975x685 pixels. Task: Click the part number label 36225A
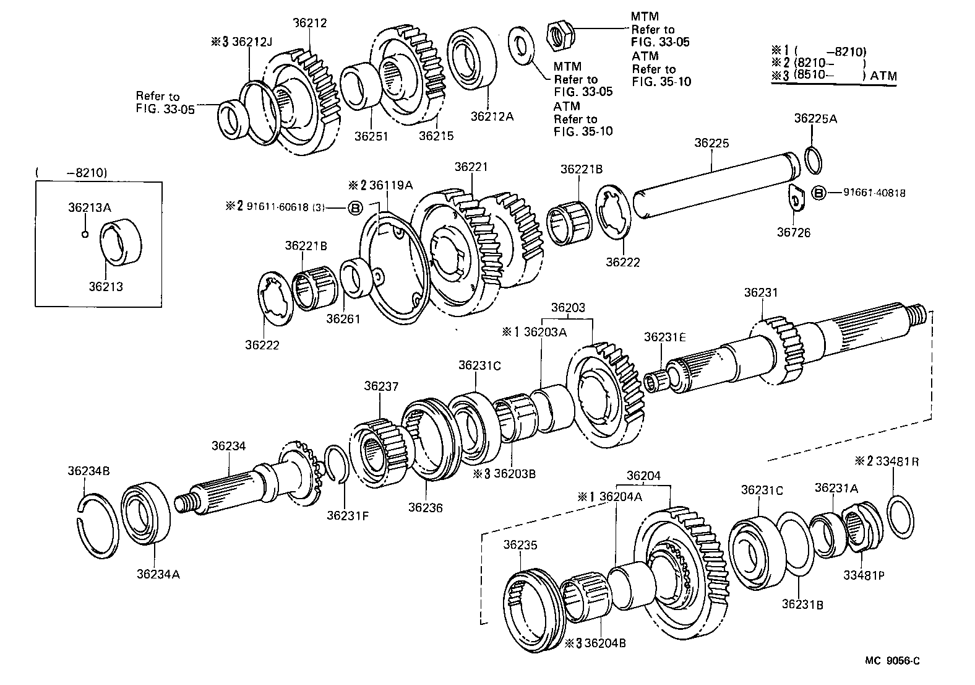[815, 118]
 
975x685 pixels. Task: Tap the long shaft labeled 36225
[711, 186]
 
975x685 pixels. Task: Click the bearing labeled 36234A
[146, 511]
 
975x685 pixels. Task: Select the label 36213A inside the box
[90, 207]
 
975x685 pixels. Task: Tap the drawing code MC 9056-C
[892, 661]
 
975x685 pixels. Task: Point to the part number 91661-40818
[874, 193]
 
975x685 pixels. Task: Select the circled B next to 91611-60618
[356, 207]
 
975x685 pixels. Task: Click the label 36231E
[665, 337]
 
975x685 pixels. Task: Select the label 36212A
[492, 115]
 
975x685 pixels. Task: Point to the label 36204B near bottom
[605, 643]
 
